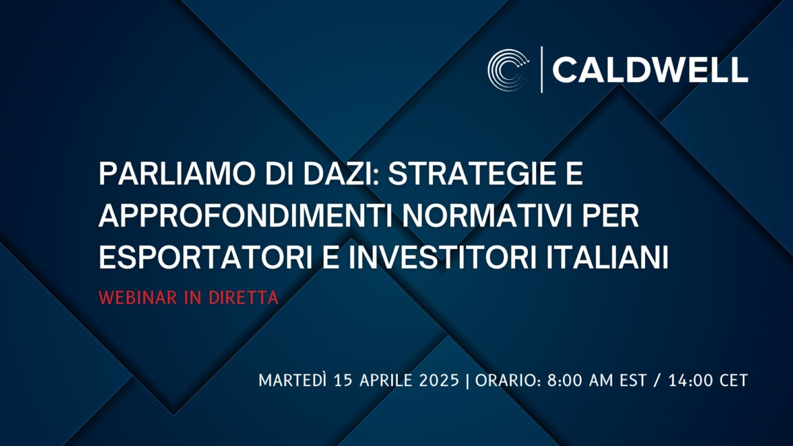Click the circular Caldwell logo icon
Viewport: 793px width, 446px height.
508,70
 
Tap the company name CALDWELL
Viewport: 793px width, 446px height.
650,70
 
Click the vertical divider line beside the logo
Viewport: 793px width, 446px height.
542,70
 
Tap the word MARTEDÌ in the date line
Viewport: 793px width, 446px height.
293,380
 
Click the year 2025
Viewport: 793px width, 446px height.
439,380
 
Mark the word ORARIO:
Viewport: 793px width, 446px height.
508,380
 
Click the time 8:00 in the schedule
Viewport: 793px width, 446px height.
564,380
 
